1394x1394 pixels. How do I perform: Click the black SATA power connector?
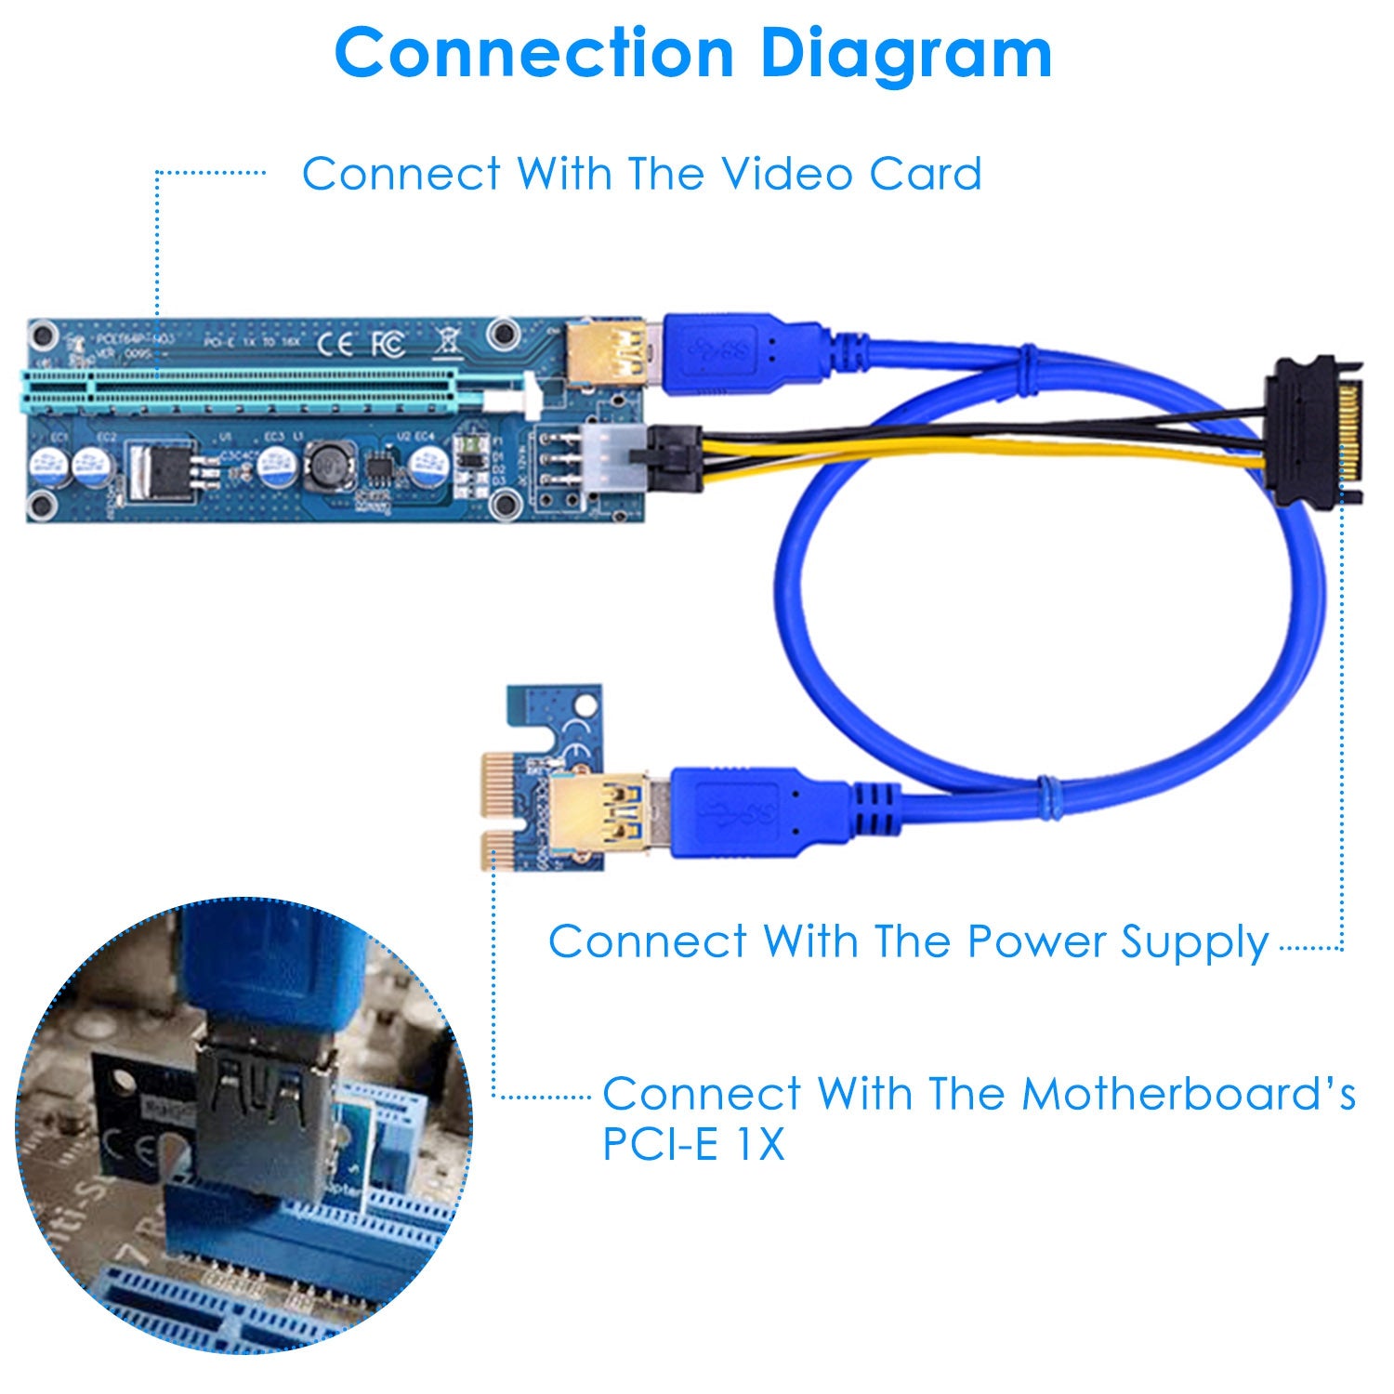[x=1312, y=430]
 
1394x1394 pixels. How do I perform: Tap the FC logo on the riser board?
[x=388, y=345]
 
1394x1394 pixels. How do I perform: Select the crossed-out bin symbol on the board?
[x=447, y=341]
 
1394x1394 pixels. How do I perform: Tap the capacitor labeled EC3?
[x=276, y=465]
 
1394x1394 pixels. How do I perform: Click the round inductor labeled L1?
[x=326, y=462]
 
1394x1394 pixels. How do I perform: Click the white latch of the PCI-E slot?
[x=532, y=394]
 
